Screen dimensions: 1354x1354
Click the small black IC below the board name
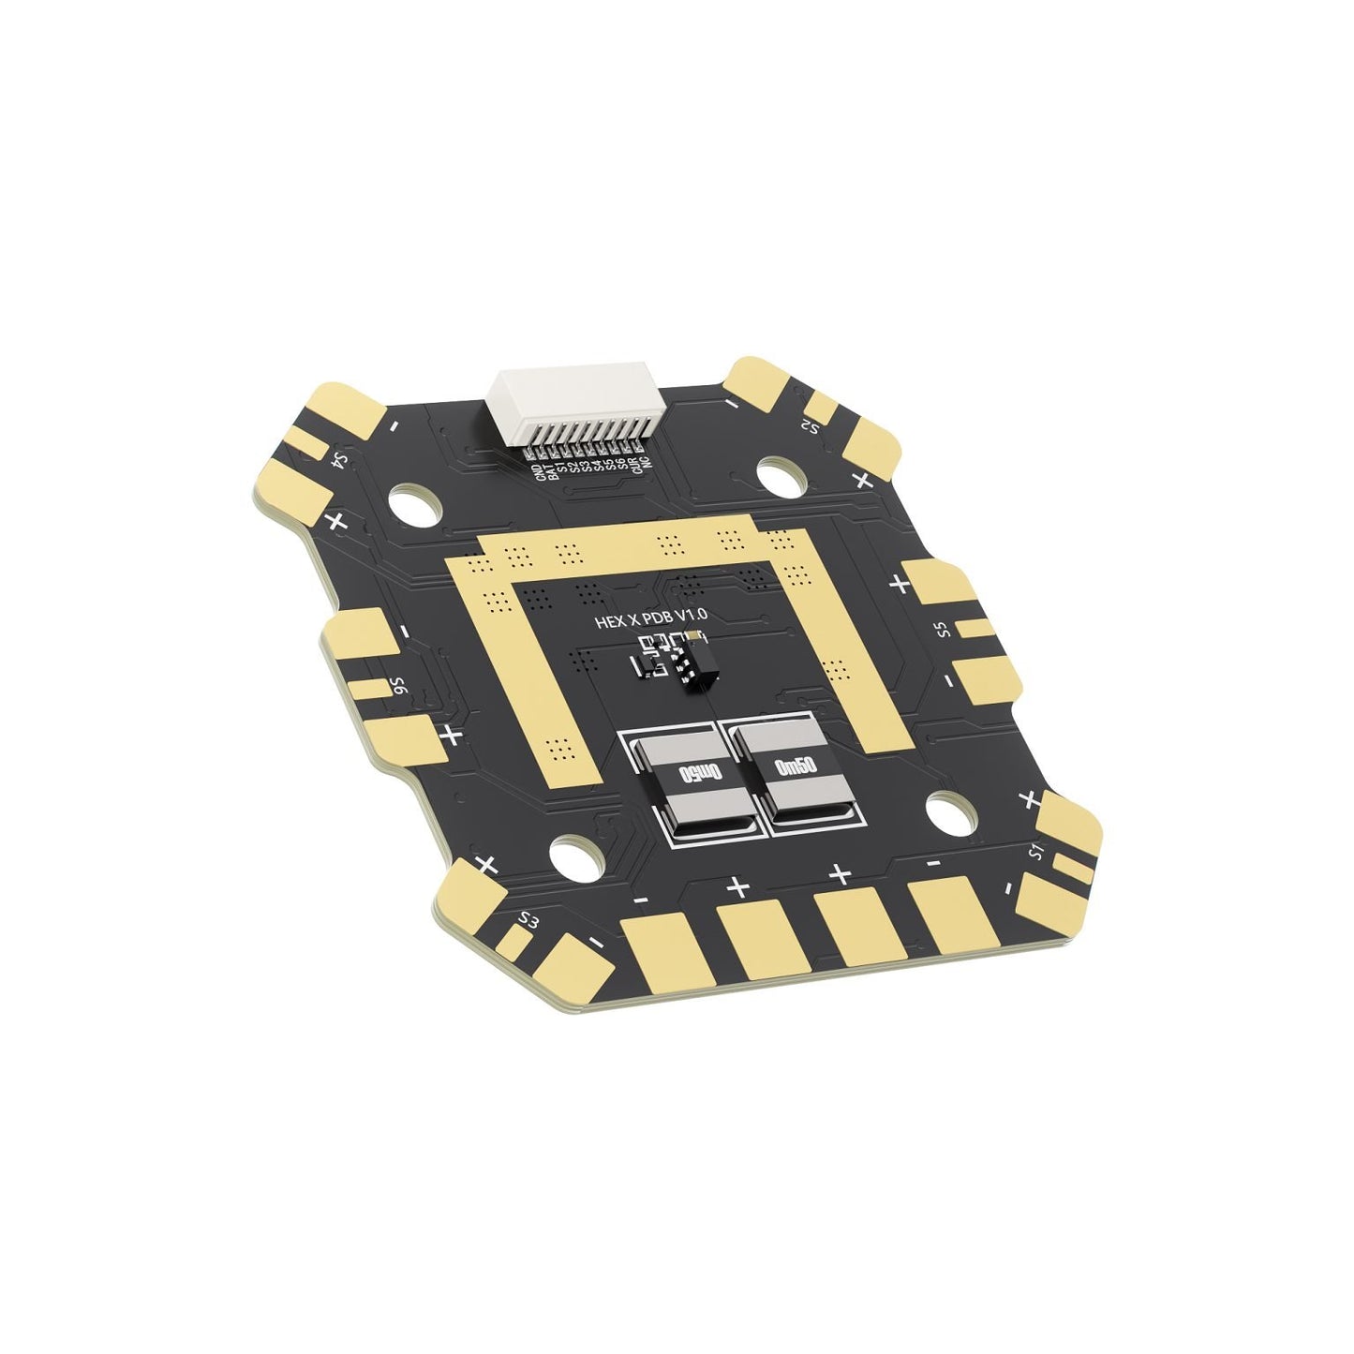point(694,662)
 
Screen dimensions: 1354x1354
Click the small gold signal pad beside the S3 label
point(513,936)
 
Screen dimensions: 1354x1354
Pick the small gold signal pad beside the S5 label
point(975,628)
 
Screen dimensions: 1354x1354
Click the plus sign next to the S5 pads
point(900,584)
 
